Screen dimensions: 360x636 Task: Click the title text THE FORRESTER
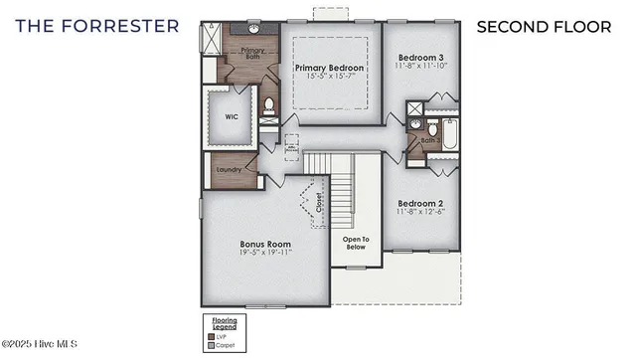click(97, 25)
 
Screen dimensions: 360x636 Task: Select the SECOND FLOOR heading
click(543, 26)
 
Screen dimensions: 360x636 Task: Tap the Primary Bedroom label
click(331, 68)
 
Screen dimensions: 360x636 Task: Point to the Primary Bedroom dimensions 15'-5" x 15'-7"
click(331, 78)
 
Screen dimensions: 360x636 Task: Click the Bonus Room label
click(265, 244)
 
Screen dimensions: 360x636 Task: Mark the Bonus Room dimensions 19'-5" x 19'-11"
click(265, 254)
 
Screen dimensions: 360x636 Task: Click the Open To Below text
click(356, 243)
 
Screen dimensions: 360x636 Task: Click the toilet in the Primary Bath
click(267, 104)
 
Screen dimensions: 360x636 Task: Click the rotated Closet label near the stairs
click(319, 204)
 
